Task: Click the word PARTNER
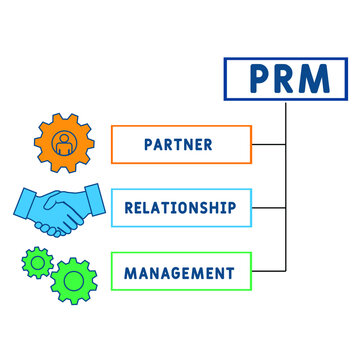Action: click(x=179, y=144)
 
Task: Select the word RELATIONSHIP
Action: click(x=180, y=208)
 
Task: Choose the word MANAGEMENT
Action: click(x=180, y=272)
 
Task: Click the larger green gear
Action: click(x=73, y=280)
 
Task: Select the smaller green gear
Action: click(x=38, y=263)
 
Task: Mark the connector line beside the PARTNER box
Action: click(x=268, y=144)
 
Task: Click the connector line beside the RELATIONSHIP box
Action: click(x=268, y=208)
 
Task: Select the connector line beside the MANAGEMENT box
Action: click(x=268, y=272)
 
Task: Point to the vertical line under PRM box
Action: click(x=287, y=180)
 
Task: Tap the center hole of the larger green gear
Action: click(x=73, y=280)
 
